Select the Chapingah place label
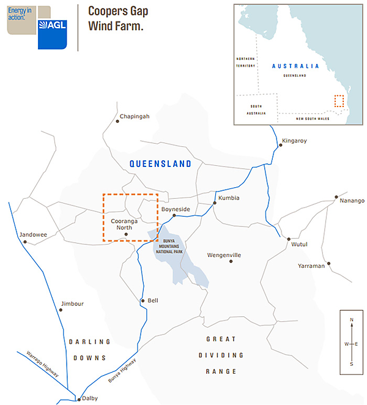click(x=135, y=116)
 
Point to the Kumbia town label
click(x=229, y=198)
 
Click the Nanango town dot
click(x=336, y=198)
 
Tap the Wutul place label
click(x=299, y=245)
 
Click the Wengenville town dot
click(x=231, y=261)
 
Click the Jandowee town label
click(x=33, y=234)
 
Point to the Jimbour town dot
click(x=61, y=310)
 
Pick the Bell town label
click(x=153, y=300)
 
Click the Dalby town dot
click(x=78, y=399)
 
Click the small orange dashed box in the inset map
click(x=339, y=101)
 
